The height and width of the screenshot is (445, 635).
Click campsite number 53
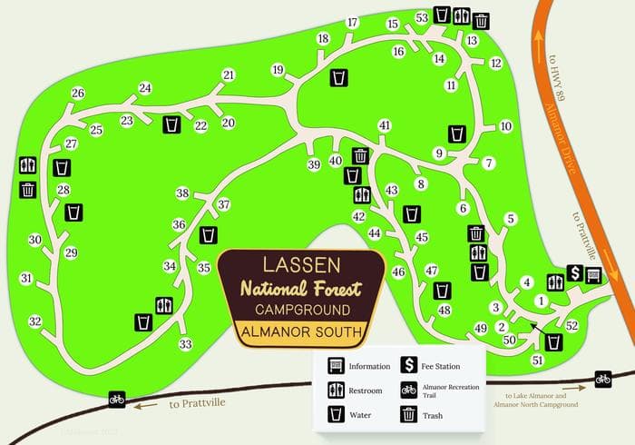point(422,18)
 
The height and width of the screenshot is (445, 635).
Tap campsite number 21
point(228,75)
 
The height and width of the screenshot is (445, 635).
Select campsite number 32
point(35,321)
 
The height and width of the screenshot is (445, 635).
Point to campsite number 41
point(385,125)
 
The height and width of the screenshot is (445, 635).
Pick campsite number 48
point(444,311)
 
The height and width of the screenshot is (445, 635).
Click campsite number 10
point(506,127)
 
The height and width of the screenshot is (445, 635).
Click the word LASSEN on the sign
point(301,265)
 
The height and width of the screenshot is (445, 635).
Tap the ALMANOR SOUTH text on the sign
point(301,332)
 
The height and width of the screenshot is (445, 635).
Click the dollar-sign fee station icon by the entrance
point(575,273)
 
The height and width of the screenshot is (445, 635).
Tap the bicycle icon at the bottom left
point(116,398)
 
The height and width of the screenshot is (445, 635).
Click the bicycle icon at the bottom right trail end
point(601,379)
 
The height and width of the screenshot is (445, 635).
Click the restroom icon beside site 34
point(164,304)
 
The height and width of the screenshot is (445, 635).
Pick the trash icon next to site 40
point(361,156)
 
